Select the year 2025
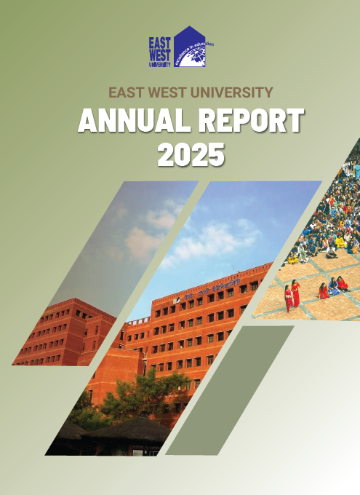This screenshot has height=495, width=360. click(x=191, y=154)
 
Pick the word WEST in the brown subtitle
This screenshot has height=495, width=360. click(x=167, y=92)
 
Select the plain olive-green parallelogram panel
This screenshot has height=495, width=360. click(x=230, y=389)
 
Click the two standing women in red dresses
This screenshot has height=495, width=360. click(x=292, y=294)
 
